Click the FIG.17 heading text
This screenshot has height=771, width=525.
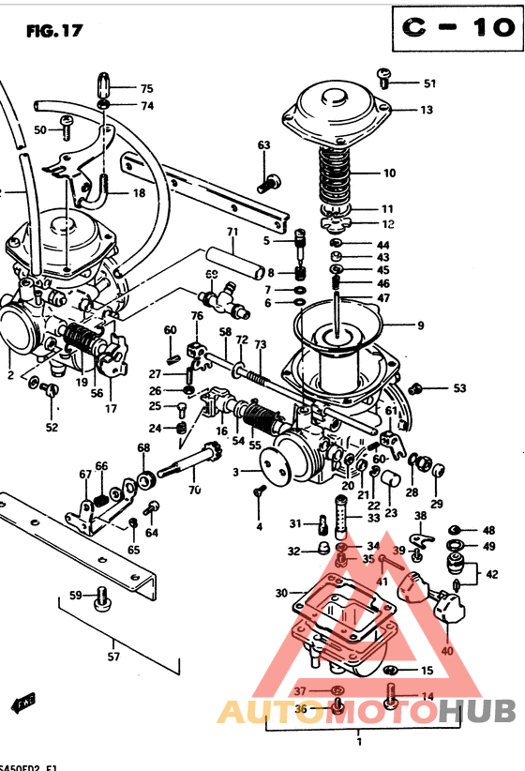point(54,30)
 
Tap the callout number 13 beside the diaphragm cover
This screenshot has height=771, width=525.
point(427,110)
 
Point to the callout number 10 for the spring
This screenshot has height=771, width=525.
point(389,173)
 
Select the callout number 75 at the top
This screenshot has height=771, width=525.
point(146,88)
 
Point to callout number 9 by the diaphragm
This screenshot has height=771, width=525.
point(420,325)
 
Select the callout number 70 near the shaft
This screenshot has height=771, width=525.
point(194,489)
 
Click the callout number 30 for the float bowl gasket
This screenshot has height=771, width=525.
point(281,593)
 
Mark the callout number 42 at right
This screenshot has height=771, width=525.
point(491,574)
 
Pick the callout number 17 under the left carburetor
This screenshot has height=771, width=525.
point(111,408)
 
